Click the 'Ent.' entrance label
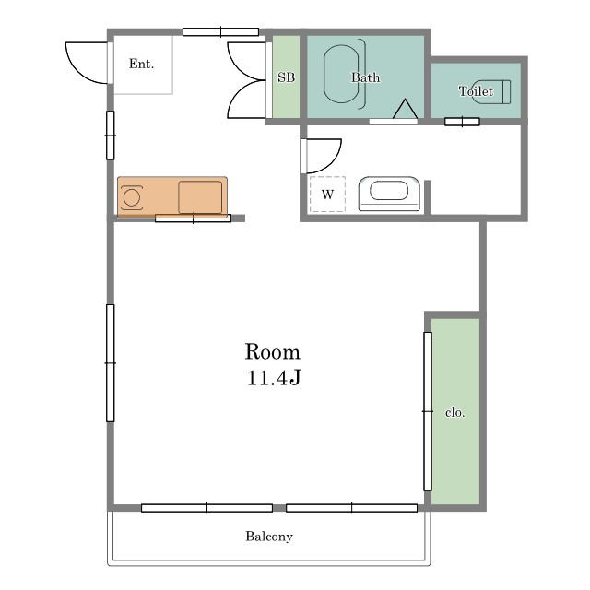tap(141, 64)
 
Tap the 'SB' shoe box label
tap(286, 77)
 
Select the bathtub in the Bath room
tap(341, 74)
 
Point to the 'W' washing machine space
tap(327, 195)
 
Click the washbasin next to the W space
tap(389, 194)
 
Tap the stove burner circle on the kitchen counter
tap(132, 197)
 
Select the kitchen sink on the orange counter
tap(200, 197)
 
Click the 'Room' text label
tap(273, 352)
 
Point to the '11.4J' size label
tap(274, 378)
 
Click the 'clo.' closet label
tap(454, 412)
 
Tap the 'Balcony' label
tap(269, 537)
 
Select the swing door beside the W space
tap(321, 156)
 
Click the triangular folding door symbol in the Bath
tap(405, 109)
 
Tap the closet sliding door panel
tap(428, 411)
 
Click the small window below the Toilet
tap(462, 122)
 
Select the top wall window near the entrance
tap(220, 32)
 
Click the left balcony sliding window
tap(206, 508)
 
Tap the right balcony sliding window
tap(351, 508)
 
